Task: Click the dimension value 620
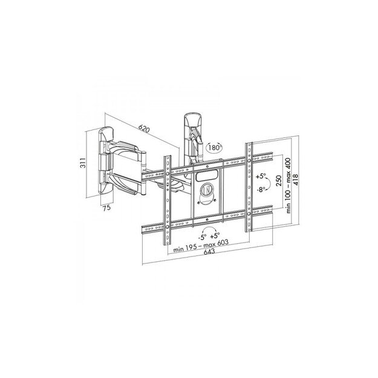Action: coord(144,129)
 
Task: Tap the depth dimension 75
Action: coord(106,208)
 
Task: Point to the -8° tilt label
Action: coord(260,189)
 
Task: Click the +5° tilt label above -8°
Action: coord(260,177)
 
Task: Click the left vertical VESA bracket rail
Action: coord(165,200)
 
